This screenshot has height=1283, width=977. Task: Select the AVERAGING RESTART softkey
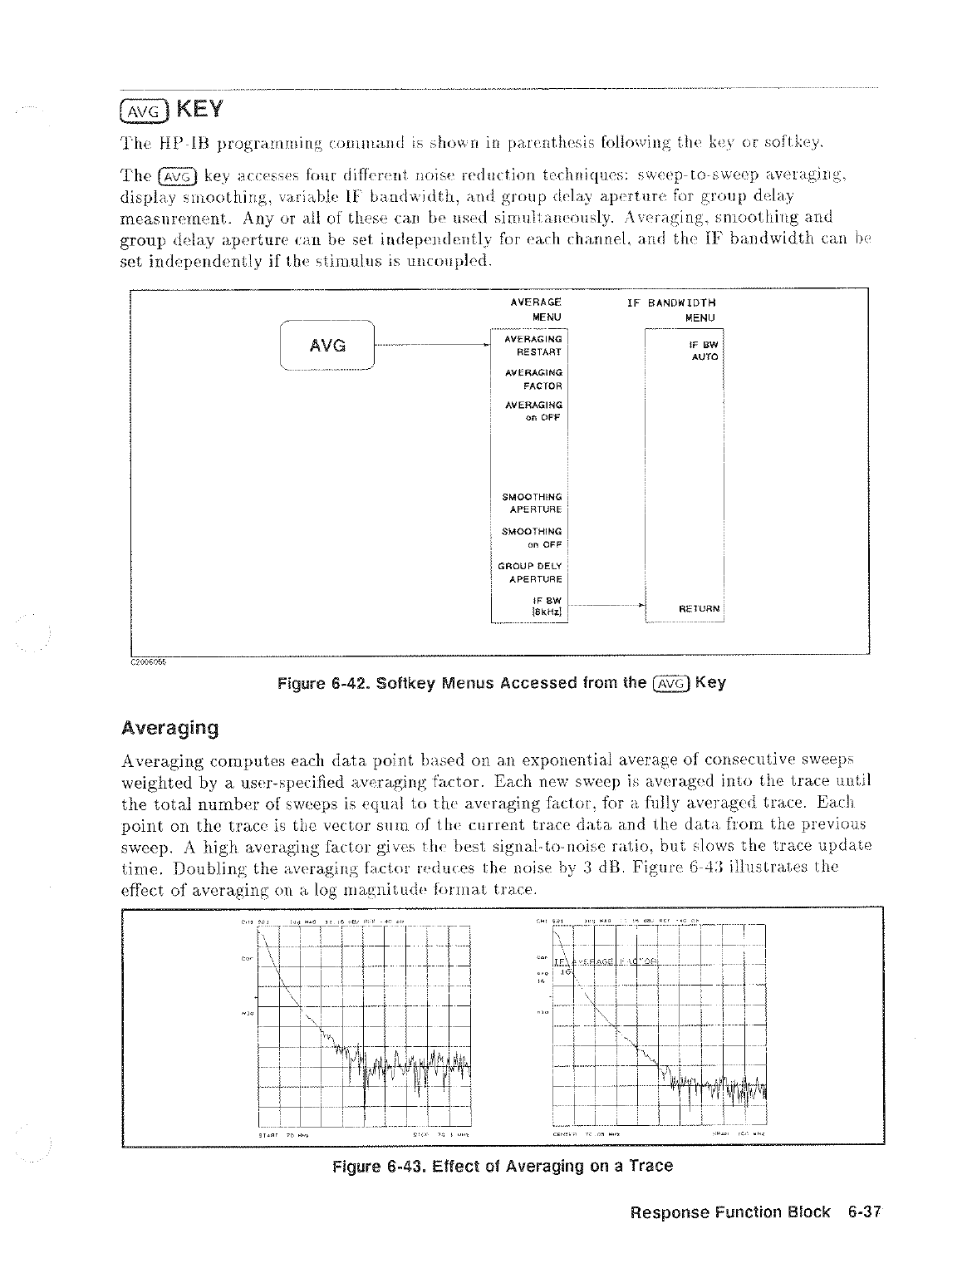pos(533,345)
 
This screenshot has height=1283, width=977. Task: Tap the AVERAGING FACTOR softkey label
pos(533,379)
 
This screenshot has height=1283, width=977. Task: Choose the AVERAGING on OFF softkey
pos(533,411)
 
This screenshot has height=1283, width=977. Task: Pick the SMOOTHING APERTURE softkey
pos(533,503)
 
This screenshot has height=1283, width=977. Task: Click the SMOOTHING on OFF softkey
pos(533,538)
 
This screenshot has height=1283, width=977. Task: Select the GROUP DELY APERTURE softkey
pos(531,573)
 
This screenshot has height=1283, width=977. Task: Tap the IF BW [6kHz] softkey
pos(546,607)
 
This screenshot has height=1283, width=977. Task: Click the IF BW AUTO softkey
pos(704,350)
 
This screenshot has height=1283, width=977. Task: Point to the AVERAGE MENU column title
pos(536,309)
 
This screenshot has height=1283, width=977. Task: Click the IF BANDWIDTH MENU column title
pos(671,309)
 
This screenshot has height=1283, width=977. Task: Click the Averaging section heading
pos(169,729)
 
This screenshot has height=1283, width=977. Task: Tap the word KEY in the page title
pos(197,110)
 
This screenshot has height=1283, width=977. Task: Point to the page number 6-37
pos(863,1212)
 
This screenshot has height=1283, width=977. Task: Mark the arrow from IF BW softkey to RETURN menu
pos(606,607)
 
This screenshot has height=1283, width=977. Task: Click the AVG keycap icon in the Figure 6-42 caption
pos(670,683)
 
